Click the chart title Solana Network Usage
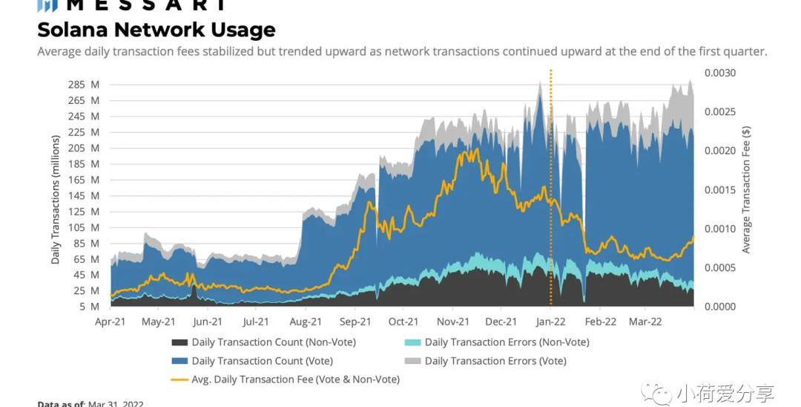[x=156, y=30]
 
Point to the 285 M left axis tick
[x=84, y=85]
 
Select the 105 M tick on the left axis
[x=84, y=227]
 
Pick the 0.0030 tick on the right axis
[x=720, y=73]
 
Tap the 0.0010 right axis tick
[x=720, y=229]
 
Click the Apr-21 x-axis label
[x=111, y=322]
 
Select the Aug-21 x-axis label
[x=305, y=322]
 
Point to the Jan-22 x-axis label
[x=550, y=322]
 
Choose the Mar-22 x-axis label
[x=645, y=322]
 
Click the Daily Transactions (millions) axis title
[x=56, y=199]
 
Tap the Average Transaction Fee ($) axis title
[x=746, y=189]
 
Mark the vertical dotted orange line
[x=551, y=186]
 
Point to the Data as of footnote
[x=90, y=403]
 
